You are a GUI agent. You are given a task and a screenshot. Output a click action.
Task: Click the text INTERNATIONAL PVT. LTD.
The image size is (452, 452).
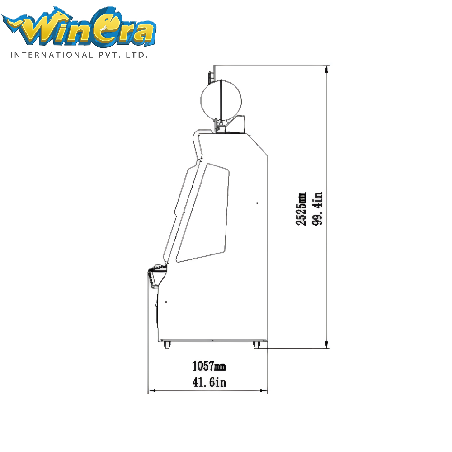click(x=79, y=55)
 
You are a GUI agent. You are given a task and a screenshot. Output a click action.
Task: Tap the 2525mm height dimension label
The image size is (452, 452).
click(x=301, y=208)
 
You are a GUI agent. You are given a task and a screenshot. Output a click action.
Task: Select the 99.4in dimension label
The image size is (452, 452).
click(x=317, y=208)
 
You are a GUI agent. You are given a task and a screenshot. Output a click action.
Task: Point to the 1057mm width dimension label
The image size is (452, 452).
click(x=209, y=366)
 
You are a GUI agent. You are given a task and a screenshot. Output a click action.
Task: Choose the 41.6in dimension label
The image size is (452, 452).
click(x=209, y=382)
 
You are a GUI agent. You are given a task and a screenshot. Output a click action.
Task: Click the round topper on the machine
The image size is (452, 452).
click(x=221, y=101)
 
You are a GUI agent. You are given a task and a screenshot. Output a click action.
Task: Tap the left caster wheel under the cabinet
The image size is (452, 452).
click(x=167, y=345)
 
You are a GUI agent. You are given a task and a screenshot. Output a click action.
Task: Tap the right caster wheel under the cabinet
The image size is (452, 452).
click(x=256, y=345)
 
